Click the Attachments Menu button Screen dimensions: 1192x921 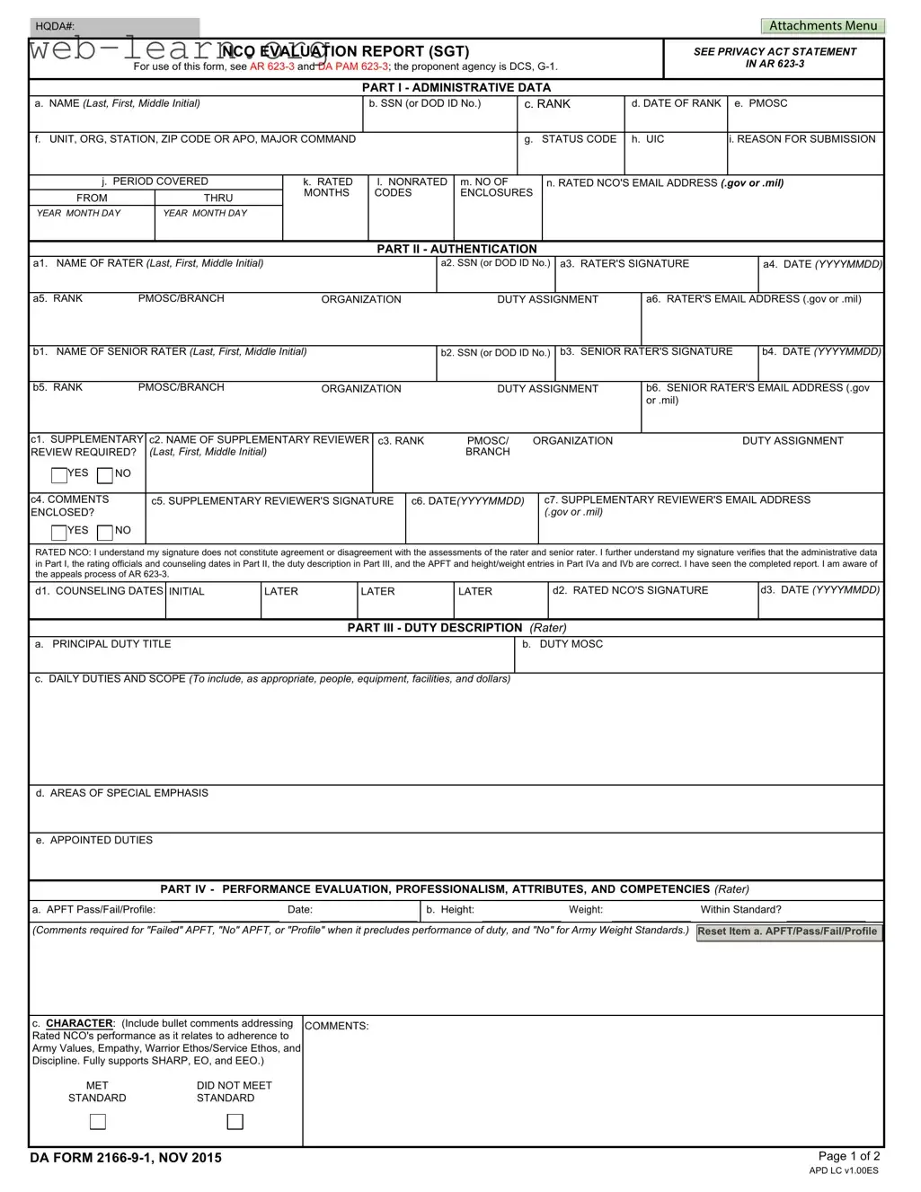tap(822, 26)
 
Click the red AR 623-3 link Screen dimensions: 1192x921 tap(271, 66)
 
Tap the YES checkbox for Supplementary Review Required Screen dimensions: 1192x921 tap(59, 475)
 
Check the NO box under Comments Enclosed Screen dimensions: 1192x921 tap(105, 533)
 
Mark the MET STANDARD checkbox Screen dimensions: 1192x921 tap(98, 1122)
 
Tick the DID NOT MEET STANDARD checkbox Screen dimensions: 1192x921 tap(235, 1122)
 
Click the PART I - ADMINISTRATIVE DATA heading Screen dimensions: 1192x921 tap(456, 87)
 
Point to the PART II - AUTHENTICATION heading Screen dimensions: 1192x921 tap(456, 249)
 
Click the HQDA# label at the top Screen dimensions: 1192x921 tap(55, 27)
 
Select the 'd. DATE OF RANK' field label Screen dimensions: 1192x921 tap(676, 103)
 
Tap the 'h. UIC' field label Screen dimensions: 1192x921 tap(648, 139)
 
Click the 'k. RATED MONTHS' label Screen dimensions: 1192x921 tap(327, 187)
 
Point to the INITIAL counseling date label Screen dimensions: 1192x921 tap(187, 591)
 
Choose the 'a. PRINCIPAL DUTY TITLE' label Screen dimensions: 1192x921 tap(103, 644)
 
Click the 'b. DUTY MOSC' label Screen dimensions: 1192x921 tap(562, 644)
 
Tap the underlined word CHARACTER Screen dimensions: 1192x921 tap(79, 1023)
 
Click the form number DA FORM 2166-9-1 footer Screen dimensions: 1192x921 tap(125, 1158)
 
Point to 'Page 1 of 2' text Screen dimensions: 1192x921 tap(849, 1156)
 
